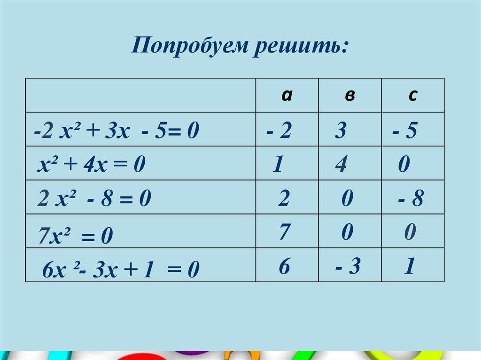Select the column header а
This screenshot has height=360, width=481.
coord(287,95)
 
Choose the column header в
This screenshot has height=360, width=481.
coord(349,96)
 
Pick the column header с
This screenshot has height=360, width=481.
coord(412,95)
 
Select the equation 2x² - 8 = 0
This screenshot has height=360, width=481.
coord(94,200)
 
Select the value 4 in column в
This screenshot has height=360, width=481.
coord(341,165)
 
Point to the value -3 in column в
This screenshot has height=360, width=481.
coord(348,267)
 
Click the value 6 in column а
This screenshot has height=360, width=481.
coord(284,267)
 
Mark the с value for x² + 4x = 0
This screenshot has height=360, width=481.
coord(404,165)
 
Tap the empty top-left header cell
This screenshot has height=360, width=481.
coord(140,95)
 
